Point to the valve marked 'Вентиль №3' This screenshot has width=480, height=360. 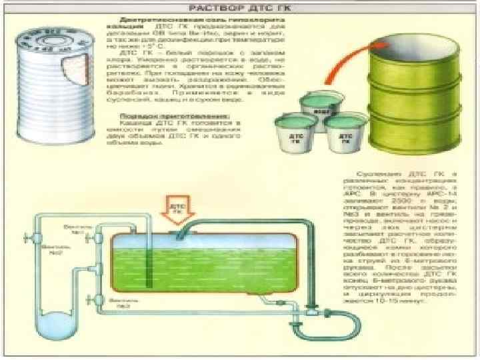pos(98,299)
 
